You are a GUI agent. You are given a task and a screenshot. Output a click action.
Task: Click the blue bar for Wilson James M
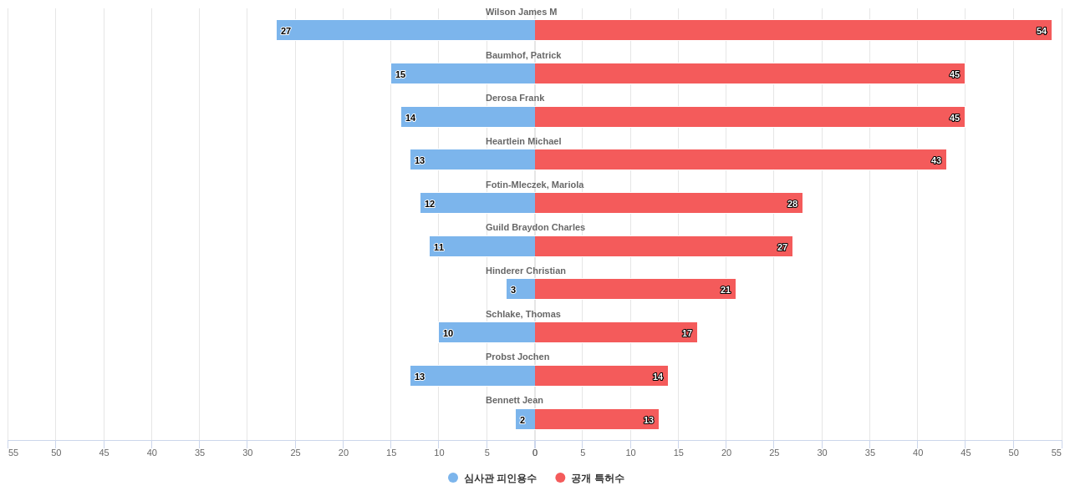click(x=405, y=30)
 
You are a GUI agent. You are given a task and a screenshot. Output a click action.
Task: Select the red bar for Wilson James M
click(x=792, y=30)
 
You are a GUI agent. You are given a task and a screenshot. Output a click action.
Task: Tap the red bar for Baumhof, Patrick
click(x=749, y=73)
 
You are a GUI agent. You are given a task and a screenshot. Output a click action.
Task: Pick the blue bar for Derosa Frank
click(x=468, y=117)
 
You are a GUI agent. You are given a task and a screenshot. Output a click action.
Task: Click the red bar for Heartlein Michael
click(x=740, y=159)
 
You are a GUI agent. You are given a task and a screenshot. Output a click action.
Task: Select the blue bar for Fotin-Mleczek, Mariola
click(x=477, y=203)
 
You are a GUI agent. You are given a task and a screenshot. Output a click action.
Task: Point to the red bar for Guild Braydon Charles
click(x=663, y=246)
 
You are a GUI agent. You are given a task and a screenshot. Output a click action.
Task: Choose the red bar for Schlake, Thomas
click(x=615, y=332)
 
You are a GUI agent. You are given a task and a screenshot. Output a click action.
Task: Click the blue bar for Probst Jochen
click(x=472, y=376)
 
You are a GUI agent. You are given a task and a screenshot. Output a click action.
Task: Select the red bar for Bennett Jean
click(x=596, y=419)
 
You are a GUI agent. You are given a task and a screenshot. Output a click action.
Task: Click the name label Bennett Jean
click(x=514, y=400)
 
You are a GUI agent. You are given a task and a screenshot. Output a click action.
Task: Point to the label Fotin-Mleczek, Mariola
click(x=534, y=185)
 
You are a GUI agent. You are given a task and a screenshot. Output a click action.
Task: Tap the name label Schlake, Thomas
click(x=522, y=314)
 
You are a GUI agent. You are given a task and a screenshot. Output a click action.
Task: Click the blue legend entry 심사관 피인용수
click(x=492, y=478)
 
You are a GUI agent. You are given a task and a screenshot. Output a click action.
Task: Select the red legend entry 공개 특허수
click(x=589, y=478)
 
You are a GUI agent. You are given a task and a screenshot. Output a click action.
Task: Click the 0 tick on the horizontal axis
click(x=535, y=453)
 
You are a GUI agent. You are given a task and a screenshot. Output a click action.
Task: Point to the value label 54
click(x=1042, y=31)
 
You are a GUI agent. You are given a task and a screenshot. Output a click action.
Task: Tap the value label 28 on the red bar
click(x=792, y=204)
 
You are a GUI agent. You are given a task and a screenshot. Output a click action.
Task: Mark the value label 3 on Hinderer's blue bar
click(x=513, y=290)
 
